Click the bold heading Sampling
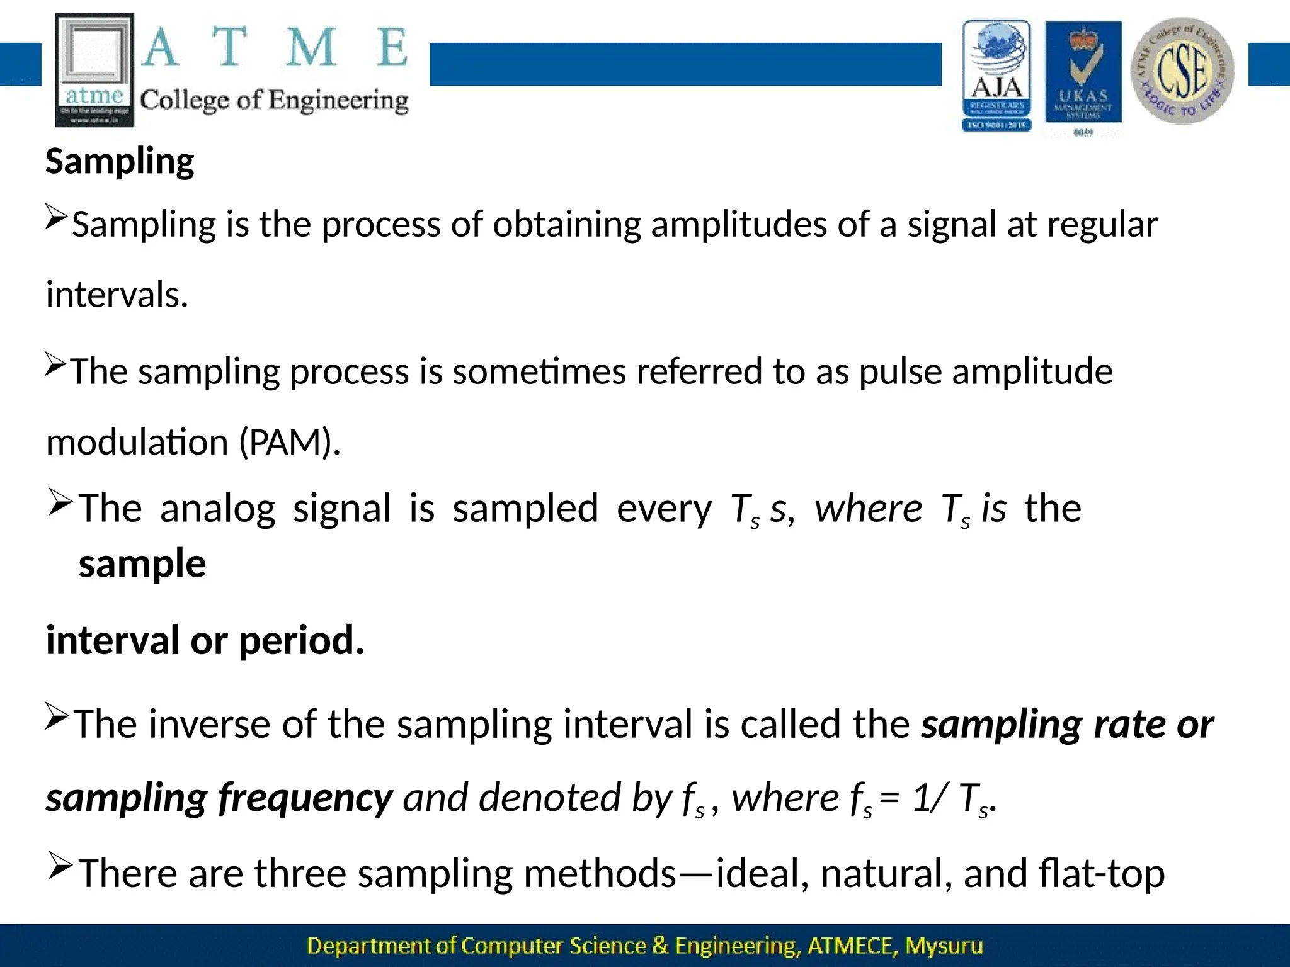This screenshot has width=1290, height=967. coord(120,162)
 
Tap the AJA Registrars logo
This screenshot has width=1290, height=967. coord(996,75)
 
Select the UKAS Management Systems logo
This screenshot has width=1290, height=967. coord(1083,76)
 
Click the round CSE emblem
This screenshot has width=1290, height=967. coord(1182,71)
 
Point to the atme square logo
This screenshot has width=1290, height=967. coord(94,70)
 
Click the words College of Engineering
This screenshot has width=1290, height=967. coord(274,101)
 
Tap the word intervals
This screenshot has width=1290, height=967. coord(117,295)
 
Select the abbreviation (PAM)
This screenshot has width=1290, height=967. coord(290,442)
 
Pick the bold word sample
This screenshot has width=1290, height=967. coord(142,563)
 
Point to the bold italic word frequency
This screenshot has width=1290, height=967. coord(305,798)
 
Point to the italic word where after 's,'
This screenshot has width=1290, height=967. coord(869,508)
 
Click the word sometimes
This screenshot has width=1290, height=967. coord(539,371)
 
